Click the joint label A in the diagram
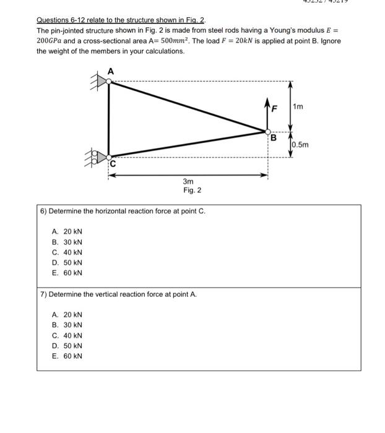(x=111, y=71)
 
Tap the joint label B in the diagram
(x=271, y=138)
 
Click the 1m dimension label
(x=298, y=106)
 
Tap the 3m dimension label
(x=188, y=181)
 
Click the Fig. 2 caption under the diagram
(x=192, y=191)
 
